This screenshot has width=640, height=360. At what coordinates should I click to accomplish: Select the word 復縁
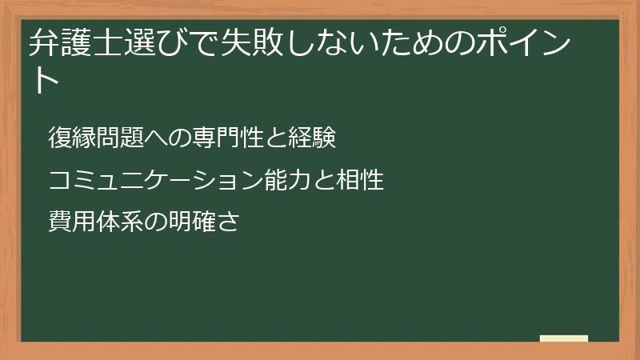click(67, 138)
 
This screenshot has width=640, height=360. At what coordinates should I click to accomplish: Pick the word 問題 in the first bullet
click(106, 138)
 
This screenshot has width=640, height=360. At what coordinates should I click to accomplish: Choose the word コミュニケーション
click(154, 181)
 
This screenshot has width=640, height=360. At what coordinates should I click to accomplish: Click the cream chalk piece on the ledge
click(564, 339)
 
